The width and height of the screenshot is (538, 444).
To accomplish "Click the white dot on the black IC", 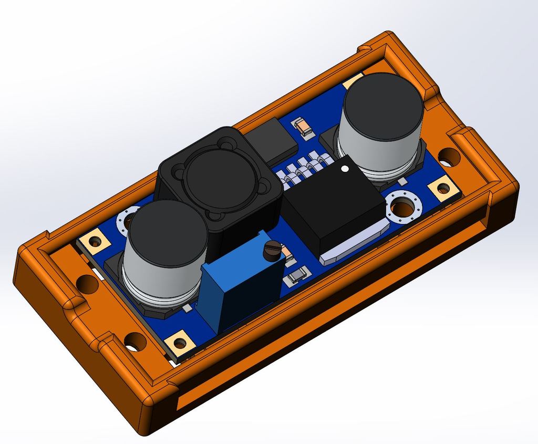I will (x=345, y=169).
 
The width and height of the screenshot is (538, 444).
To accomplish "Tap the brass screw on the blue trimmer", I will (x=272, y=250).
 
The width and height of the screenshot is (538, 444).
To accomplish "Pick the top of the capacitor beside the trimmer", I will (x=166, y=232).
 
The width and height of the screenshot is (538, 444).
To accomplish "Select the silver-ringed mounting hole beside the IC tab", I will (x=403, y=208).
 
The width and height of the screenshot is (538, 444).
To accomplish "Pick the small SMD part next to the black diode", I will (x=303, y=127).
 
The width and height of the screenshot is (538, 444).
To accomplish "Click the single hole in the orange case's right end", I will (x=448, y=156).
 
